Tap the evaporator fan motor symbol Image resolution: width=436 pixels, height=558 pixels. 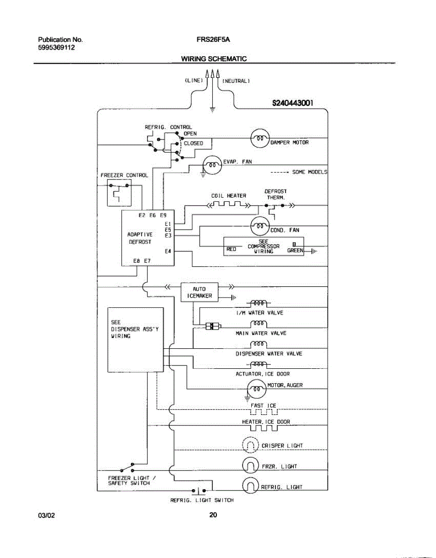point(212,164)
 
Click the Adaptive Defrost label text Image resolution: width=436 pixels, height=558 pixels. point(140,239)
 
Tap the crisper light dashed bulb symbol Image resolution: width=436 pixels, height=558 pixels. point(250,445)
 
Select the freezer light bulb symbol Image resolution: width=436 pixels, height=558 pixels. point(250,466)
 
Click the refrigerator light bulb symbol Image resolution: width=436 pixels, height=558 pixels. point(250,486)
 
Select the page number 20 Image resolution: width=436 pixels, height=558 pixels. point(213,515)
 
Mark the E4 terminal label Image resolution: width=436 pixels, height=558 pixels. point(168,252)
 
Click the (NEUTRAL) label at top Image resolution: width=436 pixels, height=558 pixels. point(236,81)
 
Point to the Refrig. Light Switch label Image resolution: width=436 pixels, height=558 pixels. point(202,500)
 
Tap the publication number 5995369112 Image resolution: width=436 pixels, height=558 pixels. point(56,47)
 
